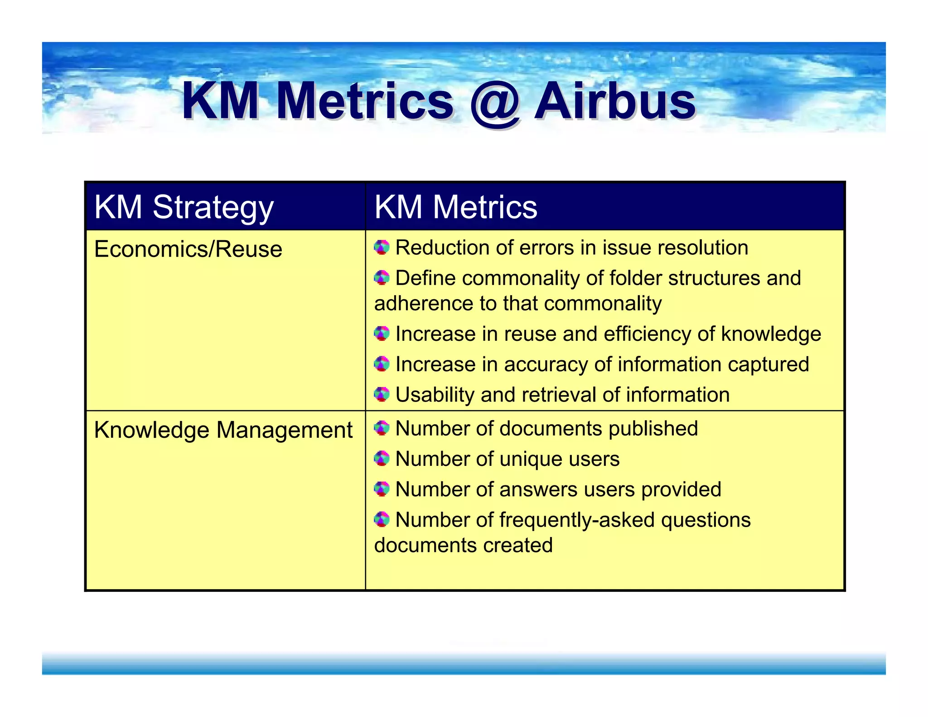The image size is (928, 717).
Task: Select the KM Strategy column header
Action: point(184,207)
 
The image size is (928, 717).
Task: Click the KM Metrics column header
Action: point(455,207)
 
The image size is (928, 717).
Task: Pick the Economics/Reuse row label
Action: point(188,249)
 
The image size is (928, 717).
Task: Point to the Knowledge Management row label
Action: point(223,430)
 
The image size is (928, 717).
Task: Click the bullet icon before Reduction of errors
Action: point(382,247)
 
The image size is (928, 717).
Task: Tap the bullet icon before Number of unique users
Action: point(382,459)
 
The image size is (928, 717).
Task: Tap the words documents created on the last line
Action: point(463,545)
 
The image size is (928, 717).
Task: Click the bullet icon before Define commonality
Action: point(382,278)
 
